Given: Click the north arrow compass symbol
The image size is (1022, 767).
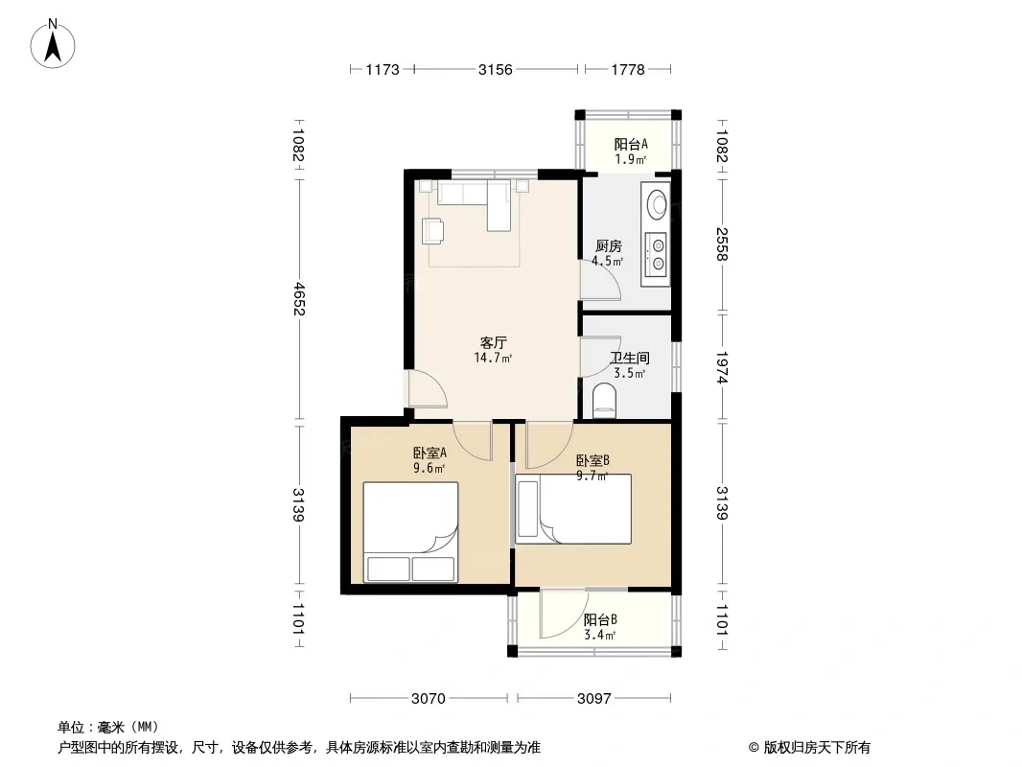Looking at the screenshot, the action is [x=53, y=44].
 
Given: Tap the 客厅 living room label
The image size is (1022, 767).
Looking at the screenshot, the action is [x=494, y=342].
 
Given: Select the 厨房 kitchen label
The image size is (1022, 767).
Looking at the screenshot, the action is [x=608, y=245].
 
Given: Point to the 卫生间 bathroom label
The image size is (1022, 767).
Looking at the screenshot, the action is [x=630, y=358].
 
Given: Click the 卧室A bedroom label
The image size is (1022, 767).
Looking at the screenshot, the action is [x=430, y=453].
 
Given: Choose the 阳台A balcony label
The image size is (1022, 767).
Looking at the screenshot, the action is [x=631, y=144].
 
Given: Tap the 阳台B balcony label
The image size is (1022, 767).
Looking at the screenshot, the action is [x=600, y=619].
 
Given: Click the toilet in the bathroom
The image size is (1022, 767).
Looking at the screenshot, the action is [x=604, y=401].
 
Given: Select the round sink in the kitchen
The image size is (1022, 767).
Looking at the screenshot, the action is [x=657, y=202].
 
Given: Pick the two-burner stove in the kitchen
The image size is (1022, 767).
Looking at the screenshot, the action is [x=656, y=255].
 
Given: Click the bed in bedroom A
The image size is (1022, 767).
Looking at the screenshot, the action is [x=410, y=532].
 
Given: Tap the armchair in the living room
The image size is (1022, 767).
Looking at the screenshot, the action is [x=432, y=231].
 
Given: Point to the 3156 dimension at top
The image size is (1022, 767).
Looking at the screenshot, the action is [x=496, y=69].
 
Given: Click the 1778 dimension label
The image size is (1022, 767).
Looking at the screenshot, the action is [x=628, y=69].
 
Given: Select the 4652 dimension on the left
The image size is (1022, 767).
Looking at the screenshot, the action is [x=299, y=298].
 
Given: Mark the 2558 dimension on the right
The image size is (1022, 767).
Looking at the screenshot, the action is [x=722, y=244].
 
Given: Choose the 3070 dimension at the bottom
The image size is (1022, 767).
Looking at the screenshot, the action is [x=429, y=699].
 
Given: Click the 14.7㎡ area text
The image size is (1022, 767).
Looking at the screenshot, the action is [x=493, y=358].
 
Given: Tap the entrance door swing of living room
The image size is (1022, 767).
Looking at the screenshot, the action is [x=426, y=388].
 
